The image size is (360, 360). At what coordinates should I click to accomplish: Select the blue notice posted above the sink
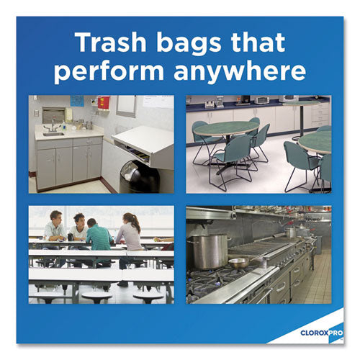[77, 101]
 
